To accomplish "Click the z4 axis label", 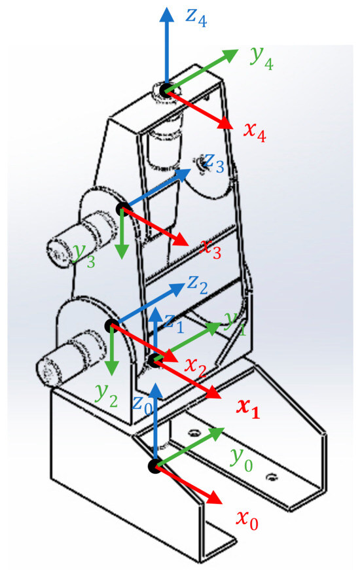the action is [196, 17].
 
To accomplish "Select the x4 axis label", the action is [255, 132].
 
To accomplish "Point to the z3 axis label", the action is [214, 162].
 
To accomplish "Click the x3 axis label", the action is [211, 249].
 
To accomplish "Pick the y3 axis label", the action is [84, 255].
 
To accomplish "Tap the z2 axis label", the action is [198, 284].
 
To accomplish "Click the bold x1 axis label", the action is [248, 408].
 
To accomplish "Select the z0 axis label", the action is [142, 404].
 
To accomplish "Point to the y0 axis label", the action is [242, 459].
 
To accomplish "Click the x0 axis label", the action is [247, 520].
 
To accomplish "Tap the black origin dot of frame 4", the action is [166, 90].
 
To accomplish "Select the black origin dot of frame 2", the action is [111, 325].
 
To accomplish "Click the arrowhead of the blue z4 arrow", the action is [167, 14].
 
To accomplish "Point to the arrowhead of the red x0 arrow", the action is [215, 498].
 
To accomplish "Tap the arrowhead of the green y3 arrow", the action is [122, 251].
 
